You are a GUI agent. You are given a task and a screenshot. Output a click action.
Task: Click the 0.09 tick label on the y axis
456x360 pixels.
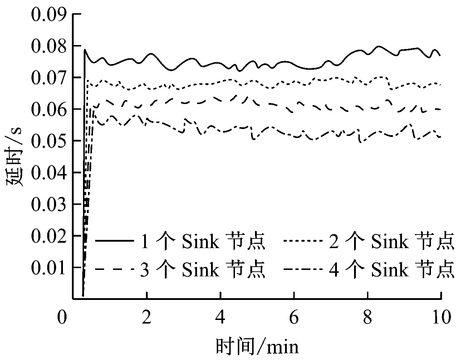[x=49, y=15]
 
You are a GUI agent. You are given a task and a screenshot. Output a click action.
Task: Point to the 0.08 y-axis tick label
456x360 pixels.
[x=49, y=46]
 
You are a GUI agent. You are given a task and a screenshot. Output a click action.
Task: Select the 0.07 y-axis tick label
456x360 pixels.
[x=49, y=78]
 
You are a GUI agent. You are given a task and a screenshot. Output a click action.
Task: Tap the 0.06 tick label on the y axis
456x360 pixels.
[x=49, y=109]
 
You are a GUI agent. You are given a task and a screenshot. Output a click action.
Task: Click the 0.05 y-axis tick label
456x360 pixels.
[x=49, y=141]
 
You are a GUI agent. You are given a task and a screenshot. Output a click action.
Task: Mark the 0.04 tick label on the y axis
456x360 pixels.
[x=49, y=173]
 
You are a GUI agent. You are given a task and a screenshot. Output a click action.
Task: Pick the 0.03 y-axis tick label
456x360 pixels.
[x=49, y=204]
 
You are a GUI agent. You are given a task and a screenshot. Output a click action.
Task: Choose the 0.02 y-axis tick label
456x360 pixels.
[x=49, y=236]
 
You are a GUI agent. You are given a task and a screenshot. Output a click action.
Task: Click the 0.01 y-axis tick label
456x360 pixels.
[x=49, y=267]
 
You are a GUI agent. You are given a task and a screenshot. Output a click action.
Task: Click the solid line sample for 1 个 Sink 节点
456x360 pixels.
[x=113, y=242]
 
